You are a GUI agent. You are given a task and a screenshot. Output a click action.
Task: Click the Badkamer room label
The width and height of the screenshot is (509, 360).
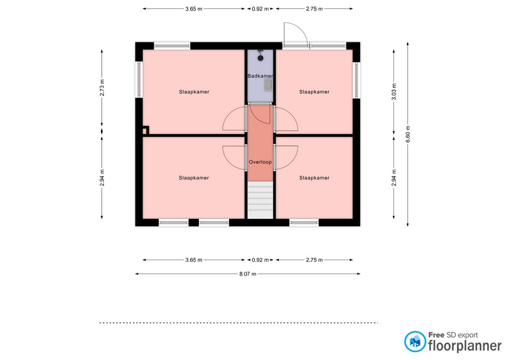click(x=260, y=76)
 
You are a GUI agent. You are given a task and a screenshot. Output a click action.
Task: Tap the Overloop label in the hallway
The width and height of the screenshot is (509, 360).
click(x=260, y=162)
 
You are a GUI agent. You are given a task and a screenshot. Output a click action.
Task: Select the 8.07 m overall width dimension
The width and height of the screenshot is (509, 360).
click(x=248, y=274)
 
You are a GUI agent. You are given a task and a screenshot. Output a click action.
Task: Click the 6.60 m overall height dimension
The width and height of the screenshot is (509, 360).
click(x=408, y=134)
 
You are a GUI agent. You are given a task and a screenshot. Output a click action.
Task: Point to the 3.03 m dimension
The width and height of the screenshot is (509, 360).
click(x=394, y=92)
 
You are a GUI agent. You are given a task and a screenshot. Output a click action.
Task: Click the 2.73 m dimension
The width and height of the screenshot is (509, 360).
click(x=102, y=87)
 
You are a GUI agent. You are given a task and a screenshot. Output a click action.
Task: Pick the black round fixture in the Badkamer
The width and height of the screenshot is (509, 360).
click(x=260, y=58)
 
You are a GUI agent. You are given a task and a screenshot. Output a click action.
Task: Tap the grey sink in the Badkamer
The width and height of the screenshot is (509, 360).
click(x=268, y=85)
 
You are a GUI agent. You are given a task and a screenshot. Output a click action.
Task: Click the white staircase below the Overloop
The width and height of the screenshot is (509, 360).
click(x=260, y=200)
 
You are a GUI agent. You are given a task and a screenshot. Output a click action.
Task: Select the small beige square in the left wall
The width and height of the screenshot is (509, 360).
click(x=144, y=131)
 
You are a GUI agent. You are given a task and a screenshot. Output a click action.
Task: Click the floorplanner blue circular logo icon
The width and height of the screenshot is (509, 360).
click(x=415, y=341)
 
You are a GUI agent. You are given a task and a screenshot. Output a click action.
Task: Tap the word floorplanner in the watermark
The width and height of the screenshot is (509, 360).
click(x=465, y=346)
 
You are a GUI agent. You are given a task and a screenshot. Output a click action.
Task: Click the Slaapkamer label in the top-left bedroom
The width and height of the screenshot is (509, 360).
click(x=194, y=92)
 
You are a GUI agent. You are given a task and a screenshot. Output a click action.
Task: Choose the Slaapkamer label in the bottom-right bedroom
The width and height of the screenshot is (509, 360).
click(x=314, y=178)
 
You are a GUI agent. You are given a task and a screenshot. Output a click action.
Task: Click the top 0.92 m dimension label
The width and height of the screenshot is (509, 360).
click(x=260, y=9)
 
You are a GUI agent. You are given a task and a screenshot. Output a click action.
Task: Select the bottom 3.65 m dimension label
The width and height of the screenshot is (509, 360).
click(x=194, y=260)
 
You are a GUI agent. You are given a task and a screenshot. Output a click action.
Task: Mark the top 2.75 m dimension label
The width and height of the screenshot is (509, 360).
click(x=314, y=9)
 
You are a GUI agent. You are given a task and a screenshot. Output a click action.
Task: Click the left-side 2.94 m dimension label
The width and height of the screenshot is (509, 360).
click(x=102, y=178)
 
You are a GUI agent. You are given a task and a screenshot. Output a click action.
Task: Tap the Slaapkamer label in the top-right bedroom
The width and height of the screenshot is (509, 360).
click(x=314, y=92)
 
